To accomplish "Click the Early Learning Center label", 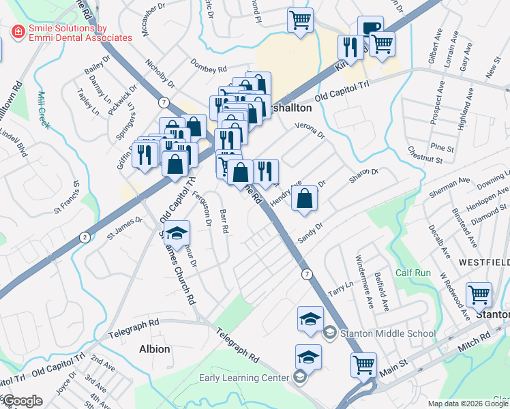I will (x=245, y=378).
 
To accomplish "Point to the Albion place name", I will (x=154, y=349).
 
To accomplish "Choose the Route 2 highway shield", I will (x=84, y=237).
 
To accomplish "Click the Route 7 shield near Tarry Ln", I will (x=308, y=274).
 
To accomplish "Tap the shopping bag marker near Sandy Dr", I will (x=305, y=198).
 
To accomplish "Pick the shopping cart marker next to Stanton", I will (x=479, y=294).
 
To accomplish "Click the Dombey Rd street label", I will (x=209, y=70).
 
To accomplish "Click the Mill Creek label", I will (x=45, y=110).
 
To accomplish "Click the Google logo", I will (x=22, y=401).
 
